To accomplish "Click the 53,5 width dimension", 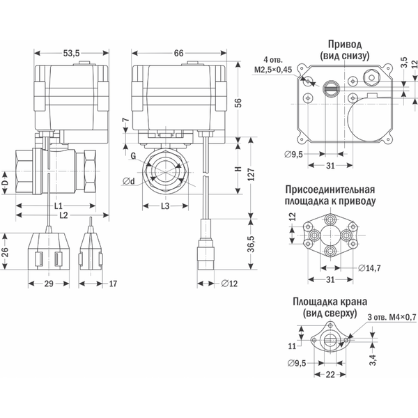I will tap(72, 52).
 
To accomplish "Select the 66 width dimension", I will tap(179, 52).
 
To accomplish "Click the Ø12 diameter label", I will tap(229, 284).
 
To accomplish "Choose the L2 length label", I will tap(63, 217).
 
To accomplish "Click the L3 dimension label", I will tap(166, 206).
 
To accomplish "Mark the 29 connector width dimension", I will tap(49, 284).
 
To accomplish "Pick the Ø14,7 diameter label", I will tap(370, 268).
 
